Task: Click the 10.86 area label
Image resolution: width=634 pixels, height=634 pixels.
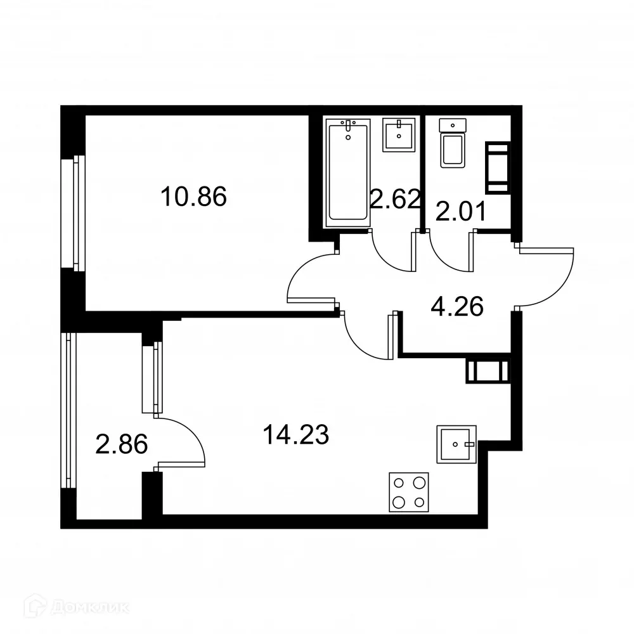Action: coord(193,197)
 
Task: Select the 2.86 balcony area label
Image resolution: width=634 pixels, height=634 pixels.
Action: coord(121,444)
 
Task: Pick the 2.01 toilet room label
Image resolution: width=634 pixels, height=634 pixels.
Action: coord(460,210)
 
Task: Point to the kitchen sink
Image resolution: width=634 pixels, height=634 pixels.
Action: coord(456,444)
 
